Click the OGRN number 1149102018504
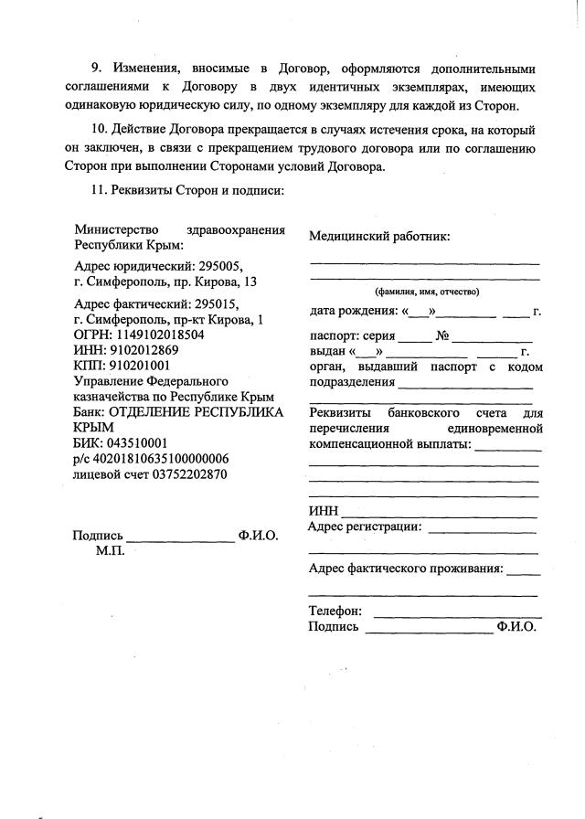[159, 335]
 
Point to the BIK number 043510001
[135, 443]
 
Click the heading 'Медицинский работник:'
[379, 236]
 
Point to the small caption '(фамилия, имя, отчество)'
[427, 292]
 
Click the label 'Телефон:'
[335, 611]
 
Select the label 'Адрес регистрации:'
[366, 526]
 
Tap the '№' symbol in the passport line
[444, 335]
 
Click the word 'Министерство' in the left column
[117, 229]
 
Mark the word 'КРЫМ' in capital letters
[93, 427]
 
